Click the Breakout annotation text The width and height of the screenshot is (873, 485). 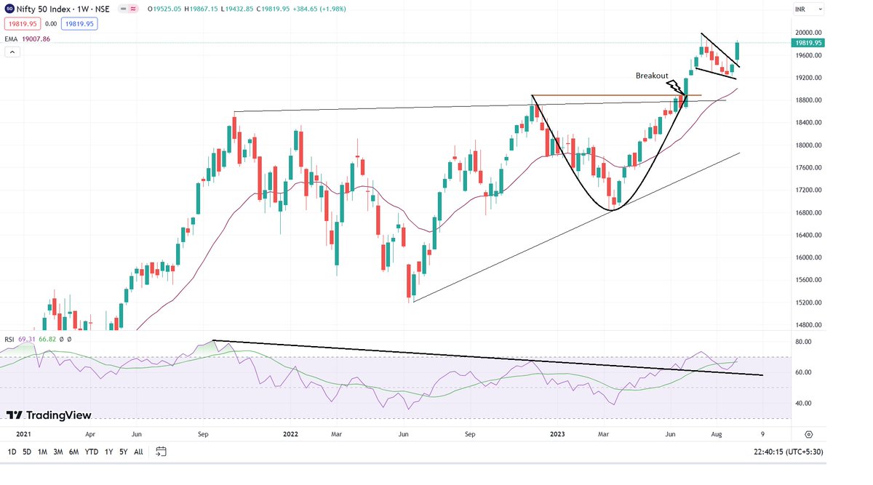[651, 76]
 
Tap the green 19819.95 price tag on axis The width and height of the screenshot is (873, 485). [808, 43]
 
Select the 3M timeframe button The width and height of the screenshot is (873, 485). [58, 452]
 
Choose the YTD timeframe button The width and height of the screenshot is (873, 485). [92, 452]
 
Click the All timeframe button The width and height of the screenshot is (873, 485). [138, 452]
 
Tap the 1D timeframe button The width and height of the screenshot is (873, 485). [12, 452]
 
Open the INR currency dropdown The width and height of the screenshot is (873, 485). [808, 9]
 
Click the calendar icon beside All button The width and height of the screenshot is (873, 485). [162, 452]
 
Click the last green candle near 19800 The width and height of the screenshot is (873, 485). [737, 51]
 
